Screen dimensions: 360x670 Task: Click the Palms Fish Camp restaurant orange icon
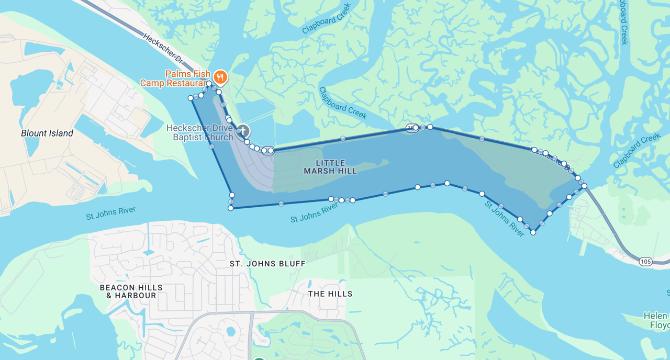(220, 77)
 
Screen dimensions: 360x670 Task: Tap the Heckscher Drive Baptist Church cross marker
(243, 131)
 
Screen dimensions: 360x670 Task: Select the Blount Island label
(47, 133)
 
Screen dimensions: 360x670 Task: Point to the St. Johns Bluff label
(267, 264)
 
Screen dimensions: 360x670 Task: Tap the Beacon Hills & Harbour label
(131, 291)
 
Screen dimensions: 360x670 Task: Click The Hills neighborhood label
(330, 294)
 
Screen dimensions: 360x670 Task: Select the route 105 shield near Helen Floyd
(646, 261)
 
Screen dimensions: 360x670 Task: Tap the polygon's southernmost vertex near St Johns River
(533, 232)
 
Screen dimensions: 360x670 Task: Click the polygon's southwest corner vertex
(230, 208)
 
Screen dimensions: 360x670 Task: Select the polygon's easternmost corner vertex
(584, 185)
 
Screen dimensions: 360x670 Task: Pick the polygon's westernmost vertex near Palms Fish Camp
(191, 98)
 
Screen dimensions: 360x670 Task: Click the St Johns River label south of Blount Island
(111, 213)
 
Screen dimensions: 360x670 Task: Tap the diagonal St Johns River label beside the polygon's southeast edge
(504, 219)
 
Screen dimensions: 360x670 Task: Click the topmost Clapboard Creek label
(327, 19)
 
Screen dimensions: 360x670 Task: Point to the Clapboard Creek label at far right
(637, 151)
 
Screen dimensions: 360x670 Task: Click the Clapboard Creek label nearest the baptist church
(342, 103)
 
